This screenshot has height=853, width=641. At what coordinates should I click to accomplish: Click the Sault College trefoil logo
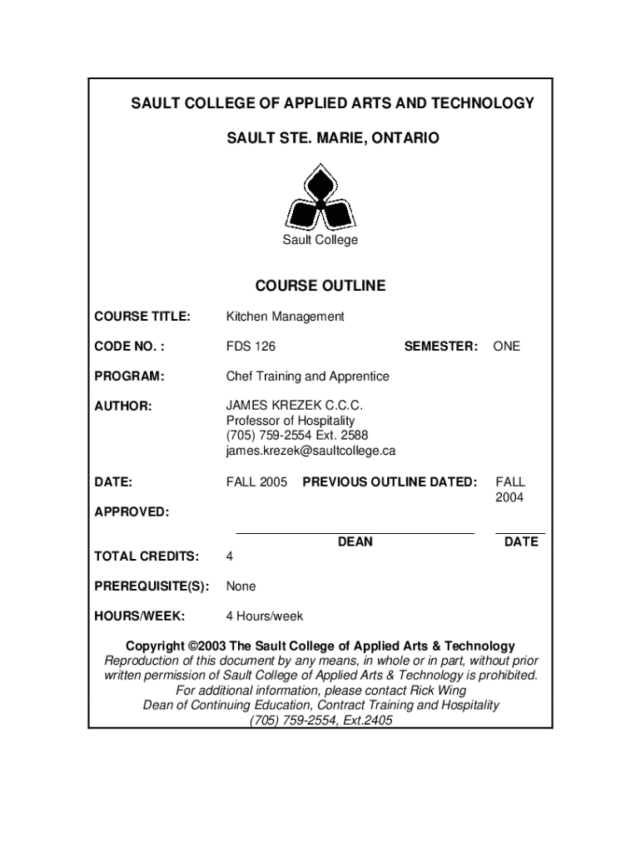320,197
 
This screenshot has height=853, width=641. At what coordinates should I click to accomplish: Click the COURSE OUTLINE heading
320,286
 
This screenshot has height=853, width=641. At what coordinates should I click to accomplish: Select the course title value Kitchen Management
285,317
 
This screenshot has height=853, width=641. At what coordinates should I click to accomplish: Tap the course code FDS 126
251,347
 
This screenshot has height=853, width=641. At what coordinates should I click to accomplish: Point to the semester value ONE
506,347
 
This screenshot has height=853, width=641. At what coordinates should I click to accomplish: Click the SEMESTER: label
440,347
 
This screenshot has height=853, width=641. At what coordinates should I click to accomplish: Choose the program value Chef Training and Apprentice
307,377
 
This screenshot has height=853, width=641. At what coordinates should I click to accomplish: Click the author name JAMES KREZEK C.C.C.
295,406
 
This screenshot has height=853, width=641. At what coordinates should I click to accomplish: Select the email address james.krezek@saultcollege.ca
311,451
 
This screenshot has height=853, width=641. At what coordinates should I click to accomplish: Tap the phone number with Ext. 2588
296,436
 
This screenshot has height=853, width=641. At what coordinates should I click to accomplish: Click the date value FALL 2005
256,481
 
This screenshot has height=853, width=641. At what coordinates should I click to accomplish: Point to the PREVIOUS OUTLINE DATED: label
390,481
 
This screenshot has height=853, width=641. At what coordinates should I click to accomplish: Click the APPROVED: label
132,511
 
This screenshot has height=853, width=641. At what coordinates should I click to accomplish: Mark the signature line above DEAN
355,531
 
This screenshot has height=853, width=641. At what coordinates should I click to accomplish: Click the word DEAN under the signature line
355,542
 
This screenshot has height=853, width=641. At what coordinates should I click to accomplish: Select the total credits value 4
230,556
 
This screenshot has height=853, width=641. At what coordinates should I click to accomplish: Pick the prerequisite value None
241,586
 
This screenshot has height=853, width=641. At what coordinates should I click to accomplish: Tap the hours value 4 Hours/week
265,616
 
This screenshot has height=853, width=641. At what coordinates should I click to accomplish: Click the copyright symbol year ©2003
207,646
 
